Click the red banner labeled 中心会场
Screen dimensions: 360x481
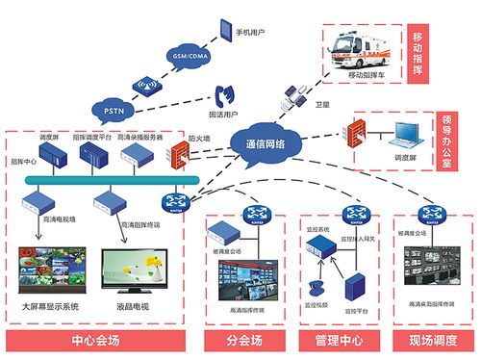pyautogui.click(x=96, y=341)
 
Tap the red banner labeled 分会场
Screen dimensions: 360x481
pyautogui.click(x=244, y=341)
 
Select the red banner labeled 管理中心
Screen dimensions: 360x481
pyautogui.click(x=336, y=341)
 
